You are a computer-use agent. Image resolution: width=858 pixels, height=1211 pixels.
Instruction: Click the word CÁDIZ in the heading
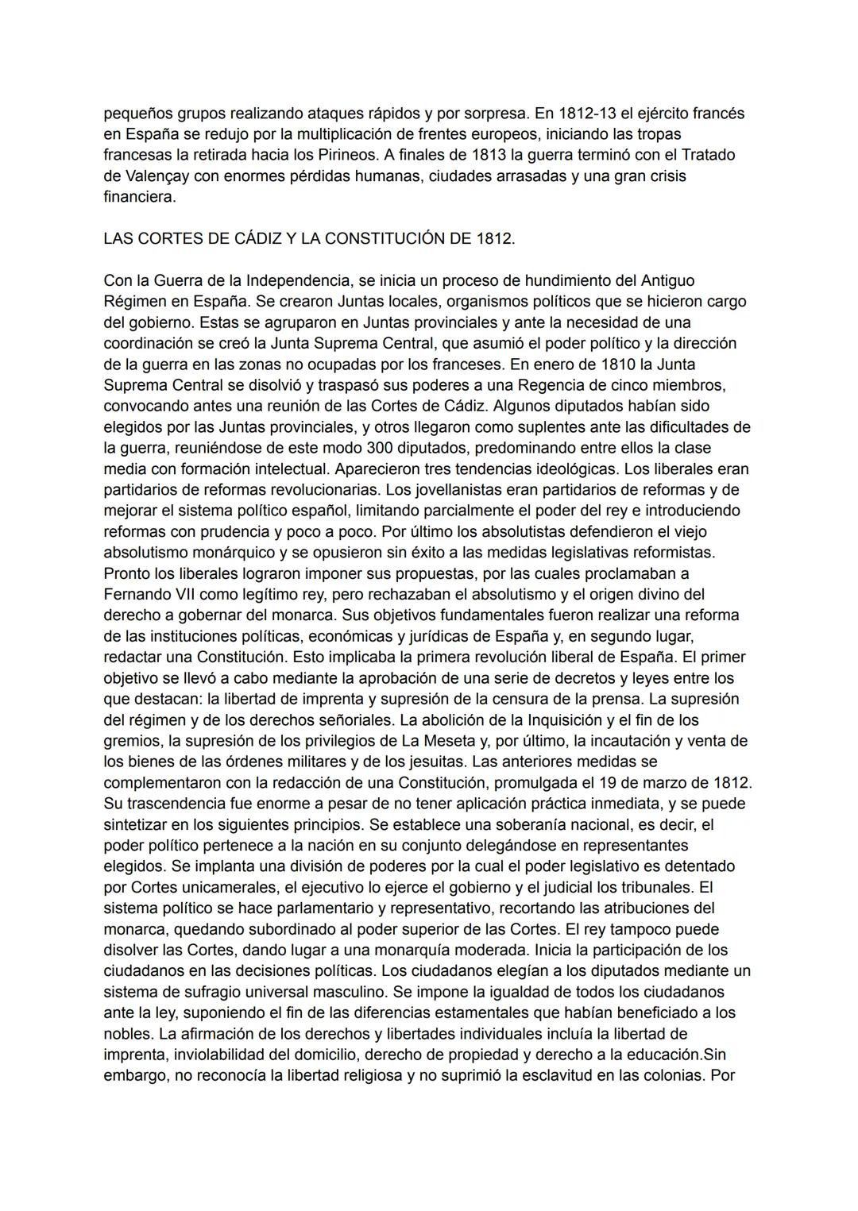click(243, 238)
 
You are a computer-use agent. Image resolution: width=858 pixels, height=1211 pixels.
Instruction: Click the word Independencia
click(298, 280)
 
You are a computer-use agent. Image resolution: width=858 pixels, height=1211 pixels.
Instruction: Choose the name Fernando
click(136, 594)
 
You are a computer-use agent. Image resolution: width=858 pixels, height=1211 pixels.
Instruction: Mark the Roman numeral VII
click(186, 594)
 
